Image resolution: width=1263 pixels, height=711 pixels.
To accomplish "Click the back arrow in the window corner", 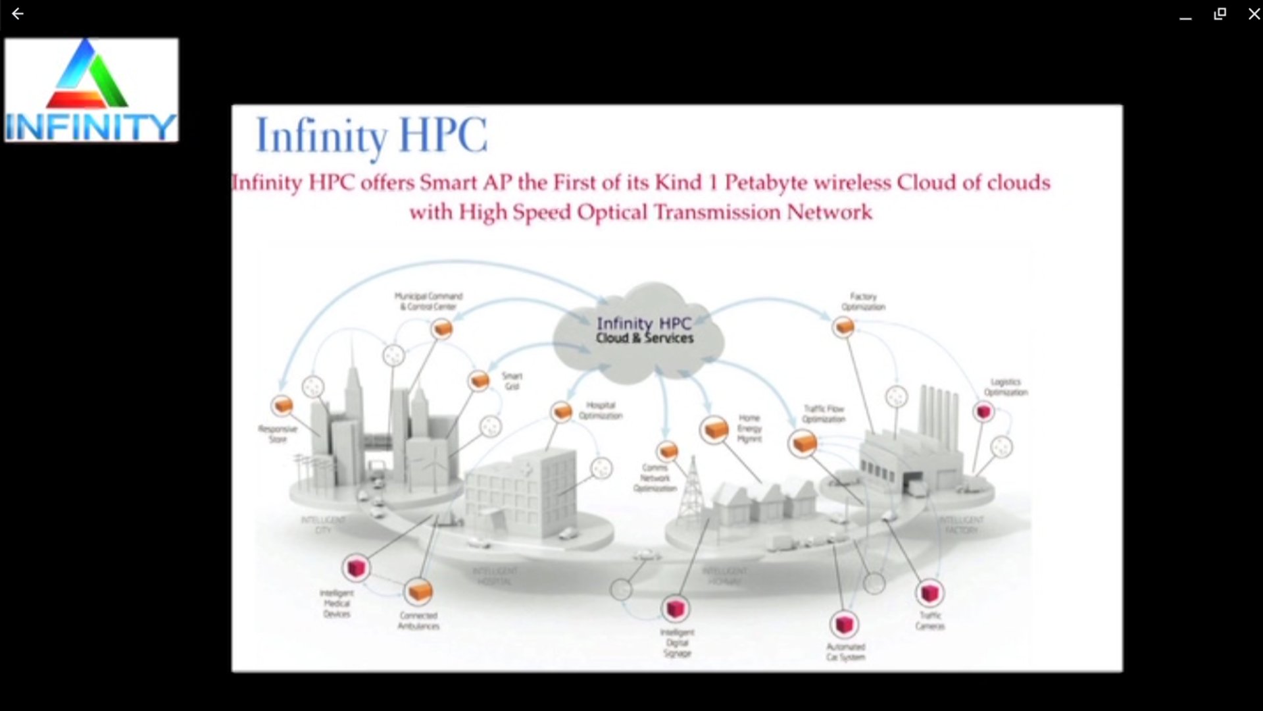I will (x=18, y=14).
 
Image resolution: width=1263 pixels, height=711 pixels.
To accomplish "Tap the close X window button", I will (x=1254, y=14).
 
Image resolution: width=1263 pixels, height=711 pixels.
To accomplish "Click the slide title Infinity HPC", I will (x=371, y=136).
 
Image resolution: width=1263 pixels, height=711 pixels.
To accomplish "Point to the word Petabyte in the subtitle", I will (x=766, y=182).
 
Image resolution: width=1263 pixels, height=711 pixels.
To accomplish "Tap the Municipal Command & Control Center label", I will (x=428, y=302).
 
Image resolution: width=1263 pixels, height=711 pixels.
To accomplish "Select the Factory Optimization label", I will (x=863, y=302).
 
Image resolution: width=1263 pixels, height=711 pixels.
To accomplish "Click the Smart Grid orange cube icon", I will (x=479, y=381).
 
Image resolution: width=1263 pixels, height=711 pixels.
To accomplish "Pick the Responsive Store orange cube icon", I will (x=282, y=405).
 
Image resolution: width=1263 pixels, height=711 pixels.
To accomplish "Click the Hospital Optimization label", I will (x=600, y=410).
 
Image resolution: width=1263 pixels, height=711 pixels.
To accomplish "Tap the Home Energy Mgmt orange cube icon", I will (x=714, y=430).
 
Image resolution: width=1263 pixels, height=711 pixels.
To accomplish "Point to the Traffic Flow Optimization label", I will (x=824, y=413).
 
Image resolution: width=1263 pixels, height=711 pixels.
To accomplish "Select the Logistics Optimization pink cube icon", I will (x=983, y=412).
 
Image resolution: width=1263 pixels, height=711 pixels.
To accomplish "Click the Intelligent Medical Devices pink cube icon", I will (x=356, y=567).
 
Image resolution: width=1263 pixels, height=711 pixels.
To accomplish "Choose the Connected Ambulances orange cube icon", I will (x=418, y=591).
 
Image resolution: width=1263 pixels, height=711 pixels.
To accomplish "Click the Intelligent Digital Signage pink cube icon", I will (x=676, y=609).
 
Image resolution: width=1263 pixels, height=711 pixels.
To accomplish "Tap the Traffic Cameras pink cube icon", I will (x=929, y=592).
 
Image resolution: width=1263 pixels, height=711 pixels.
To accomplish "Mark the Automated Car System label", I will (x=846, y=652).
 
